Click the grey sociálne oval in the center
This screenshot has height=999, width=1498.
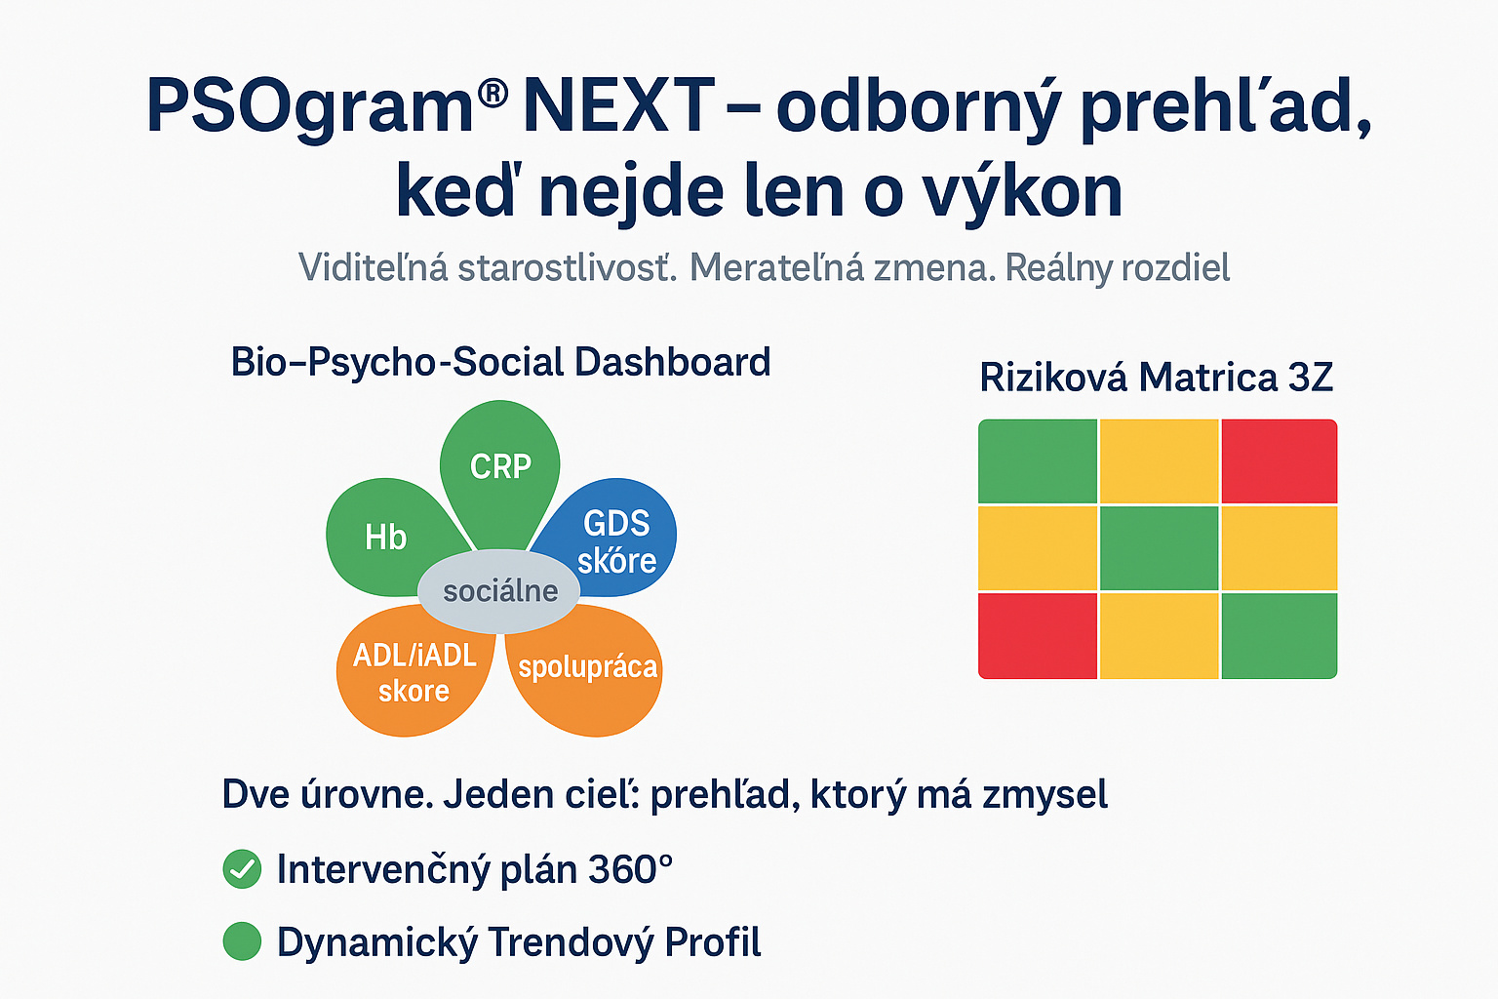[499, 590]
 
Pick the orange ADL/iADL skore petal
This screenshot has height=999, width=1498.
[414, 672]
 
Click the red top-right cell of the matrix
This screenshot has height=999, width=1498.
[1279, 460]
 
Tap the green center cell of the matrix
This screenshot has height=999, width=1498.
[1159, 547]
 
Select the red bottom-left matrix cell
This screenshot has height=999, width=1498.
[1038, 635]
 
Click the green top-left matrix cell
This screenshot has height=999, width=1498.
[1038, 460]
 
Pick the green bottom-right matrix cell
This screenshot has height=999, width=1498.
[1279, 635]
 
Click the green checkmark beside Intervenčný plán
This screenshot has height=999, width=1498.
[242, 868]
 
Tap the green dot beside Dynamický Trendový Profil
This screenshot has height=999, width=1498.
[242, 941]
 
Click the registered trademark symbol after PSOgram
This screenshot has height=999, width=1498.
[493, 94]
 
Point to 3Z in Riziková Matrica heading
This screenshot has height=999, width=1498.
[1310, 378]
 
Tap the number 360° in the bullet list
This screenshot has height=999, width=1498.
[631, 868]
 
